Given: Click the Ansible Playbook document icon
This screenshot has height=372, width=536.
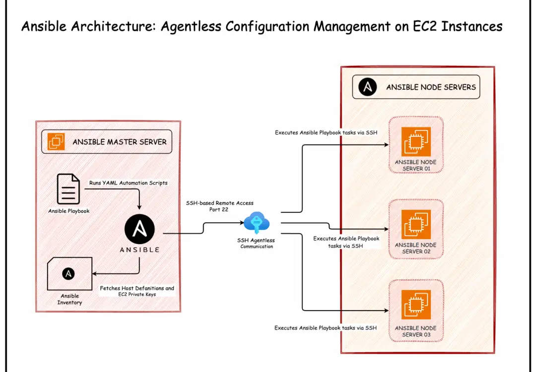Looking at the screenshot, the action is pos(68,189).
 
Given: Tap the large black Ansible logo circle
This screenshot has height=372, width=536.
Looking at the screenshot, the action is pos(139,229).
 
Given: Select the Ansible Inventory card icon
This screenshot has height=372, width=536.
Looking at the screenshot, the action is pos(70,274).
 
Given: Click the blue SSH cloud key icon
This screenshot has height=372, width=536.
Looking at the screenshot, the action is pos(257,223).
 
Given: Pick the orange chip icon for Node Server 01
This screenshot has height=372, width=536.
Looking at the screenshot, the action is pos(416,141).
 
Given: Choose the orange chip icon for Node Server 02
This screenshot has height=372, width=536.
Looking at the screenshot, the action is pos(416,224).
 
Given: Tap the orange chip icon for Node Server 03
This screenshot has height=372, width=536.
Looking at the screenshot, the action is pos(416,305).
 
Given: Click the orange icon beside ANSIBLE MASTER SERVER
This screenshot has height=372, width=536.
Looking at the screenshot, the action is pos(56,141).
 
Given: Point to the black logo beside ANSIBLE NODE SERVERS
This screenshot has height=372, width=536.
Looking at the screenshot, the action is pos(367,87).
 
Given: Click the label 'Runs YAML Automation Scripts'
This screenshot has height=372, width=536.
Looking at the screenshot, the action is pos(129,183).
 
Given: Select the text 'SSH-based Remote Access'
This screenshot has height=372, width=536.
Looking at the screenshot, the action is pos(220,203).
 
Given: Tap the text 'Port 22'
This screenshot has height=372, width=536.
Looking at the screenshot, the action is pos(219,209).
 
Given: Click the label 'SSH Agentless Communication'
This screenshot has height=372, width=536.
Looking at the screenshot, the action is pos(257,243).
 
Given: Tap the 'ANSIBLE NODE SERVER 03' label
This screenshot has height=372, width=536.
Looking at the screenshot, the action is pos(416,331).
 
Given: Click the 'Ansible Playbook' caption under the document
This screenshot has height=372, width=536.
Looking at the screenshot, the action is pos(68,211).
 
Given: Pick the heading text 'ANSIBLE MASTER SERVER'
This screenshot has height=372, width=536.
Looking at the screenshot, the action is pos(120,142).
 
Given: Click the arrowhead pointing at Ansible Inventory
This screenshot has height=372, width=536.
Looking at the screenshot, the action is pos(94,274).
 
